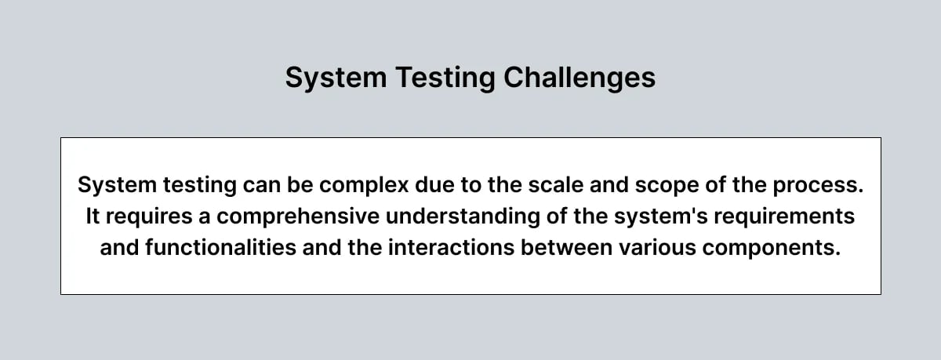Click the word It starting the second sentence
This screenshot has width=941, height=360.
coord(94,216)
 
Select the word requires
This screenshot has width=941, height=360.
coord(147,216)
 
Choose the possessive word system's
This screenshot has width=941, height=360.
coord(645,216)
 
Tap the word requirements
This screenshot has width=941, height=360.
coord(783,216)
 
